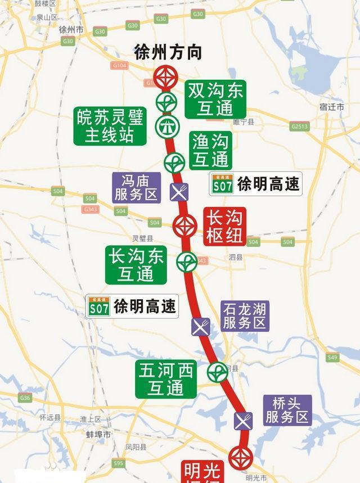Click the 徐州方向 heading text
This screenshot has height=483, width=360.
point(168,52)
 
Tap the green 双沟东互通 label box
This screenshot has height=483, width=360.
point(215,98)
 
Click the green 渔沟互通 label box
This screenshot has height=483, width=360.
point(211,150)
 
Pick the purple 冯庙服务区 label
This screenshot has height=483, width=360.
point(137,187)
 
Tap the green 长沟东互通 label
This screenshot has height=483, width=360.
point(136,265)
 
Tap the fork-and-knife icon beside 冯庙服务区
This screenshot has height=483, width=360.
point(179,192)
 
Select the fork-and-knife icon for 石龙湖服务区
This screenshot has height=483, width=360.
point(201,326)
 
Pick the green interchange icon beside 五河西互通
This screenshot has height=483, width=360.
point(218,372)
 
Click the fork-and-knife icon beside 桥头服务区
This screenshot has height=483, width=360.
point(243,420)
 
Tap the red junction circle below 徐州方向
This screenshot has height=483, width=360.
point(165,77)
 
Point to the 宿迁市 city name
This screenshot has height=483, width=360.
point(331,106)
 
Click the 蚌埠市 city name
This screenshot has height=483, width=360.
point(98,435)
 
